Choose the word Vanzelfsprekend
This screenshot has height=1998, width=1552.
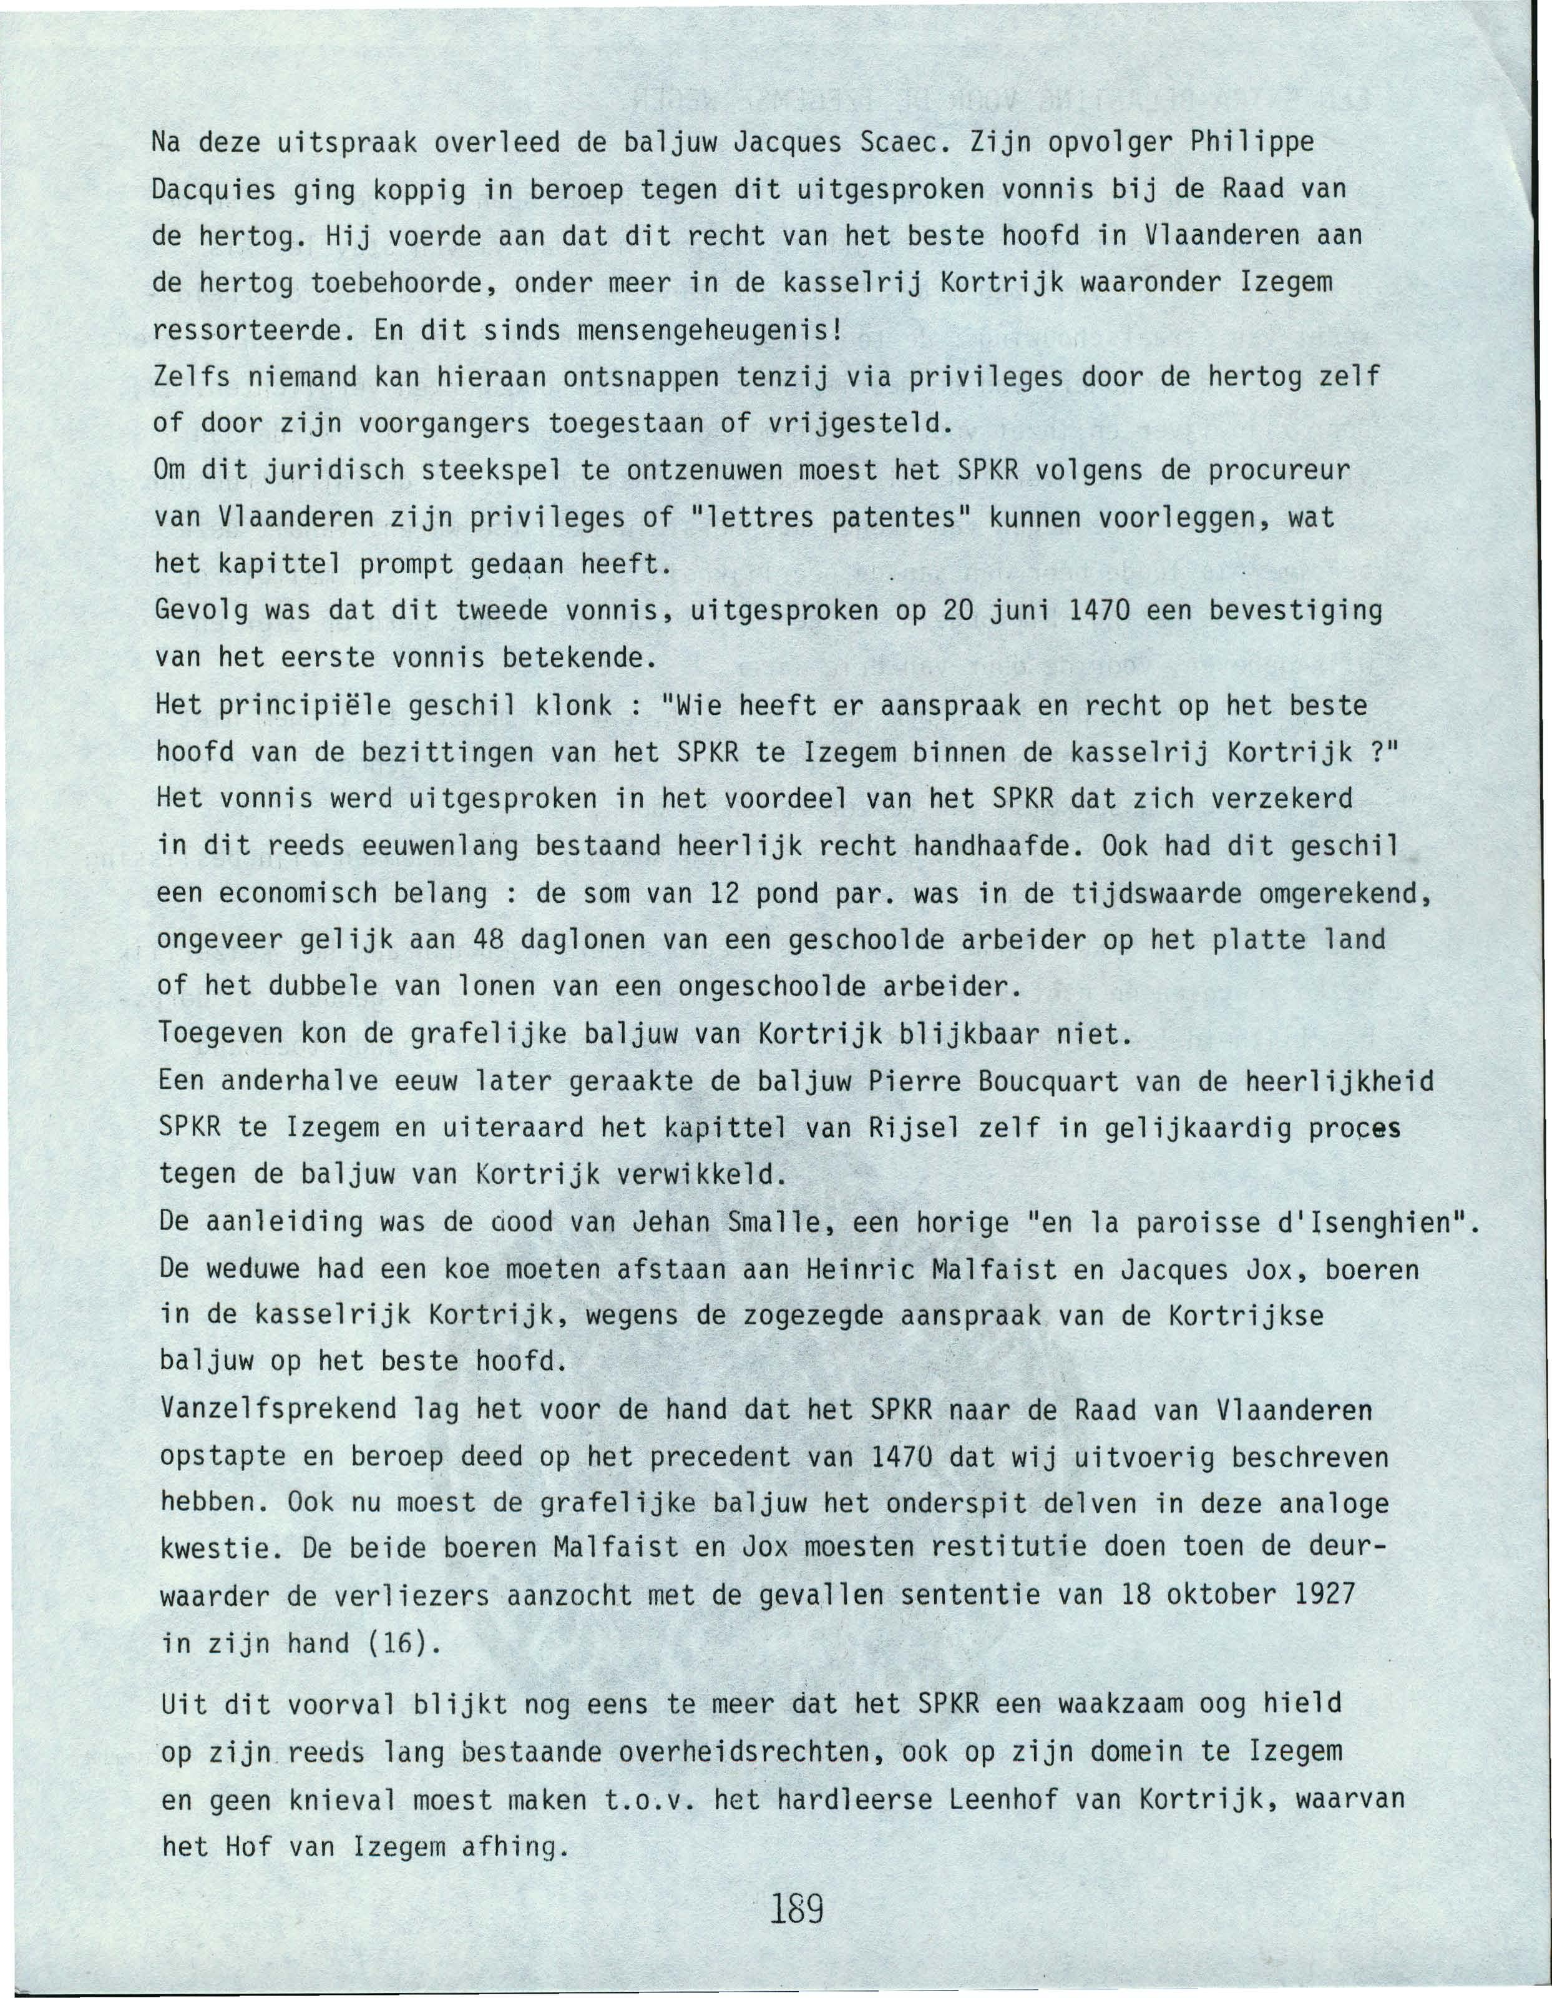pyautogui.click(x=277, y=1410)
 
